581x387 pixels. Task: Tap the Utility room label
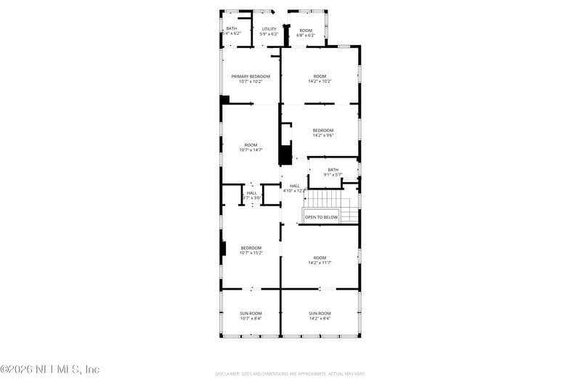pyautogui.click(x=269, y=29)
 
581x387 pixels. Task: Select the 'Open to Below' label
pyautogui.click(x=321, y=217)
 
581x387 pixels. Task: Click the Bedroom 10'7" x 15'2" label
pyautogui.click(x=251, y=250)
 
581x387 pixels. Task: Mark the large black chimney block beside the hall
pyautogui.click(x=286, y=155)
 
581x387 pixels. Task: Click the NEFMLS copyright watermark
pyautogui.click(x=50, y=370)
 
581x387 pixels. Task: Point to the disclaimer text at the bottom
pyautogui.click(x=290, y=374)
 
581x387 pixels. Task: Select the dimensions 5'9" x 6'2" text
pyautogui.click(x=269, y=34)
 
